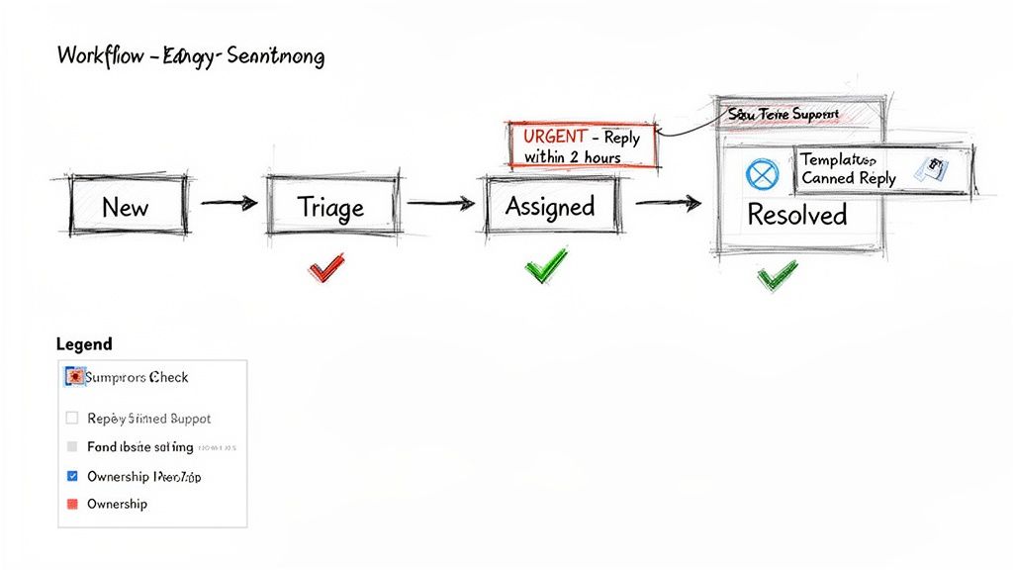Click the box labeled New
coord(127,208)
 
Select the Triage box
coord(331,207)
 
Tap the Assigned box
coord(549,206)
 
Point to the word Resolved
coord(796,215)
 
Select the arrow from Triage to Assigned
coord(440,205)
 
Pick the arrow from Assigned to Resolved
coord(668,204)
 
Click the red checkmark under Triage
coord(326,266)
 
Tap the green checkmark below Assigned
coord(546,264)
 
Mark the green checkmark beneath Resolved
coord(777,275)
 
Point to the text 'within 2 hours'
coord(573,157)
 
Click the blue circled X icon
coord(762,175)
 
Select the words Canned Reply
coord(848,178)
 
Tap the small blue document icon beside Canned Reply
coord(931,169)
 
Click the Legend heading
coord(85,344)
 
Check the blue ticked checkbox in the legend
coord(71,476)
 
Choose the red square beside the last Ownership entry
coord(71,504)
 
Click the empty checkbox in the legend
coord(71,419)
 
